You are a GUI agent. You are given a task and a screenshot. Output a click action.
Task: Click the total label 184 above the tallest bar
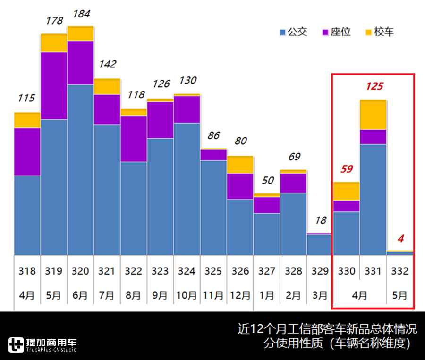(80, 14)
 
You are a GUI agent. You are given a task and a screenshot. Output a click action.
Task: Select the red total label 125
(374, 86)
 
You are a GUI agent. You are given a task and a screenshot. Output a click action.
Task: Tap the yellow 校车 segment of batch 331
(374, 115)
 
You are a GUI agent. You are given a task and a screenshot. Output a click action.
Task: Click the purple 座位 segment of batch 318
(27, 151)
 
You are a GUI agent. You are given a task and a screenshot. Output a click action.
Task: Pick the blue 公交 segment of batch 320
(80, 170)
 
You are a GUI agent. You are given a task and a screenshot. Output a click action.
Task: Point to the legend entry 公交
(293, 32)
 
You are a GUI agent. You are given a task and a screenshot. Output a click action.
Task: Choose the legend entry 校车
(380, 32)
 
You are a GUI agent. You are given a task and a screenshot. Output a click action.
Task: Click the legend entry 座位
(336, 32)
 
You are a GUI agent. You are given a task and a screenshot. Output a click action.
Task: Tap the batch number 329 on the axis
(320, 271)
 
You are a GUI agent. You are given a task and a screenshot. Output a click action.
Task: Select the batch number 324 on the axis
(187, 271)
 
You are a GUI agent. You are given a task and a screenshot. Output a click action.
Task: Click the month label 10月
(187, 296)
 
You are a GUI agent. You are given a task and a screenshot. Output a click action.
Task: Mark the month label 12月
(240, 296)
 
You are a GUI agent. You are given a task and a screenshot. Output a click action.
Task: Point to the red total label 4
(400, 239)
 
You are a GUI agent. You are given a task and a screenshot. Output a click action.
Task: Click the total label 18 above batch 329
(320, 220)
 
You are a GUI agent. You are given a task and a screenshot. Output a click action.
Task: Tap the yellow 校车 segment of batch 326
(240, 165)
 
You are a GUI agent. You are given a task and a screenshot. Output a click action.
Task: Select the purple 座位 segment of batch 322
(134, 139)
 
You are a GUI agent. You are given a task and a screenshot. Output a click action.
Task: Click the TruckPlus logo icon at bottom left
(16, 345)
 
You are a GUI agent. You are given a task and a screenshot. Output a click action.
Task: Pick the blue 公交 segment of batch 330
(347, 233)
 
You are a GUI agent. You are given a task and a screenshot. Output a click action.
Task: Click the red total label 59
(347, 169)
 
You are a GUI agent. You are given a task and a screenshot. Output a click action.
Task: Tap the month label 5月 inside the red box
(399, 296)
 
